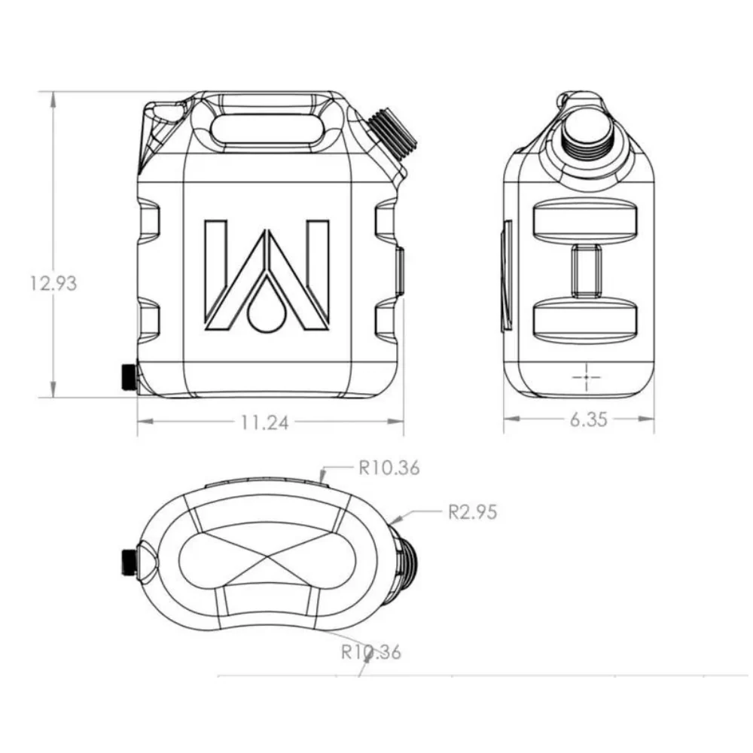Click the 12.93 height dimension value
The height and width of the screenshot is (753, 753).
tap(53, 284)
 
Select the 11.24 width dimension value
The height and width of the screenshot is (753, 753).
tap(265, 423)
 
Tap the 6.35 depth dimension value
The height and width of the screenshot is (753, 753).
tap(588, 420)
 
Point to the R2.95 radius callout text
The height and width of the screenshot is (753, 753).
tap(472, 512)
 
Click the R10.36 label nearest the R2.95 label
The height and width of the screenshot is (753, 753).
tap(389, 468)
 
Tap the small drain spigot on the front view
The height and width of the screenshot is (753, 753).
tap(128, 376)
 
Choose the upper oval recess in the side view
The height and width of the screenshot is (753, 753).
tap(584, 218)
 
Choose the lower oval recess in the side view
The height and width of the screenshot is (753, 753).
tap(584, 319)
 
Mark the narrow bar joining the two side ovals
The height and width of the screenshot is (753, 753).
tap(585, 269)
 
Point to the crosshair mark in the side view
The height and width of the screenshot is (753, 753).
tap(584, 375)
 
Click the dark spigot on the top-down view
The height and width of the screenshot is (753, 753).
tap(128, 561)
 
